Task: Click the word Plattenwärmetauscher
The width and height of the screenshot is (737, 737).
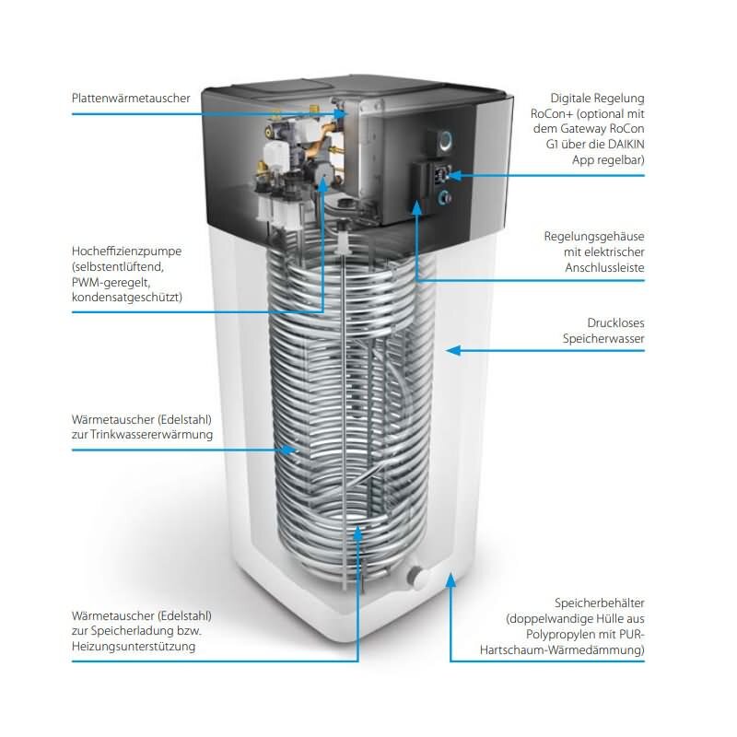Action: click(x=131, y=99)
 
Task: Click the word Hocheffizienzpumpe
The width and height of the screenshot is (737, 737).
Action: click(x=126, y=252)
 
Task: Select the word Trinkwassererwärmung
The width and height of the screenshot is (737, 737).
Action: click(x=151, y=435)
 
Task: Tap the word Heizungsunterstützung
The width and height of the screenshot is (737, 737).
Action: click(x=133, y=647)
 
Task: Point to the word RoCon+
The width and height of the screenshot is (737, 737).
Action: click(x=552, y=114)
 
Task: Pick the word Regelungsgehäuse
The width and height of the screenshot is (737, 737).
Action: click(x=594, y=237)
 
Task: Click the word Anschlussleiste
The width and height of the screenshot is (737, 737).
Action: click(x=604, y=268)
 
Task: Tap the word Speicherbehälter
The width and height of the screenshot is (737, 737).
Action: click(x=600, y=603)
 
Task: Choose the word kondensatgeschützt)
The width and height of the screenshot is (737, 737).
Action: click(x=127, y=298)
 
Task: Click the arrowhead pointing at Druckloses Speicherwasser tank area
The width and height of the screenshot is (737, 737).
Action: click(x=452, y=350)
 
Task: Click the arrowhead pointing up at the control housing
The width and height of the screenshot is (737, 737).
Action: click(x=417, y=206)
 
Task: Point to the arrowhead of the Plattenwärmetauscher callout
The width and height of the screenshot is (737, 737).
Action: click(x=341, y=113)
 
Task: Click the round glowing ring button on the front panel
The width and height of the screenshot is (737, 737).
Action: click(x=445, y=141)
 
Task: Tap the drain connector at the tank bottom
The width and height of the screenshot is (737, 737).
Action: click(x=415, y=576)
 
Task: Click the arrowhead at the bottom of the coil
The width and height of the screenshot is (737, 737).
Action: click(x=357, y=532)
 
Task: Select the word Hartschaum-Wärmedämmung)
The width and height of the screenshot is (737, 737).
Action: click(x=562, y=650)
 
